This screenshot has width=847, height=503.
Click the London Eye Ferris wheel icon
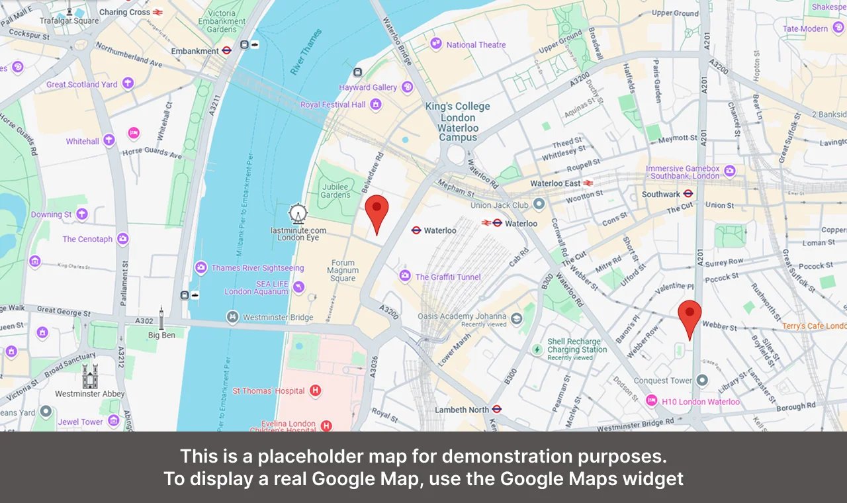click(x=298, y=213)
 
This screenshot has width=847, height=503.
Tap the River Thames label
click(x=306, y=52)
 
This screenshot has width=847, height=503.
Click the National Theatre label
click(x=476, y=45)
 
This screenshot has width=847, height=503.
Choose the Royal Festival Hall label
click(x=333, y=105)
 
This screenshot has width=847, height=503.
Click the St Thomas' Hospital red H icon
click(x=316, y=391)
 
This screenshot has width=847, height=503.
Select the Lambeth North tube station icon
click(x=497, y=410)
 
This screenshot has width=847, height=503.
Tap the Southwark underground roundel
click(x=688, y=195)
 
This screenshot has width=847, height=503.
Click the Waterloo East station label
click(x=555, y=183)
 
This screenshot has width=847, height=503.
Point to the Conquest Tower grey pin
click(x=703, y=381)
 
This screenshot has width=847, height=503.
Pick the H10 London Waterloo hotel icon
click(x=651, y=401)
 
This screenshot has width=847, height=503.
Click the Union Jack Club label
click(x=500, y=205)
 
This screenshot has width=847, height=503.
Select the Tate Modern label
click(x=805, y=29)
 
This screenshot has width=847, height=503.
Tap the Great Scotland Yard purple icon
click(x=128, y=83)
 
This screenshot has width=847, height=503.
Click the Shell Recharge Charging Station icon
click(x=537, y=349)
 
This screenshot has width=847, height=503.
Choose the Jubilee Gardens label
click(x=335, y=191)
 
